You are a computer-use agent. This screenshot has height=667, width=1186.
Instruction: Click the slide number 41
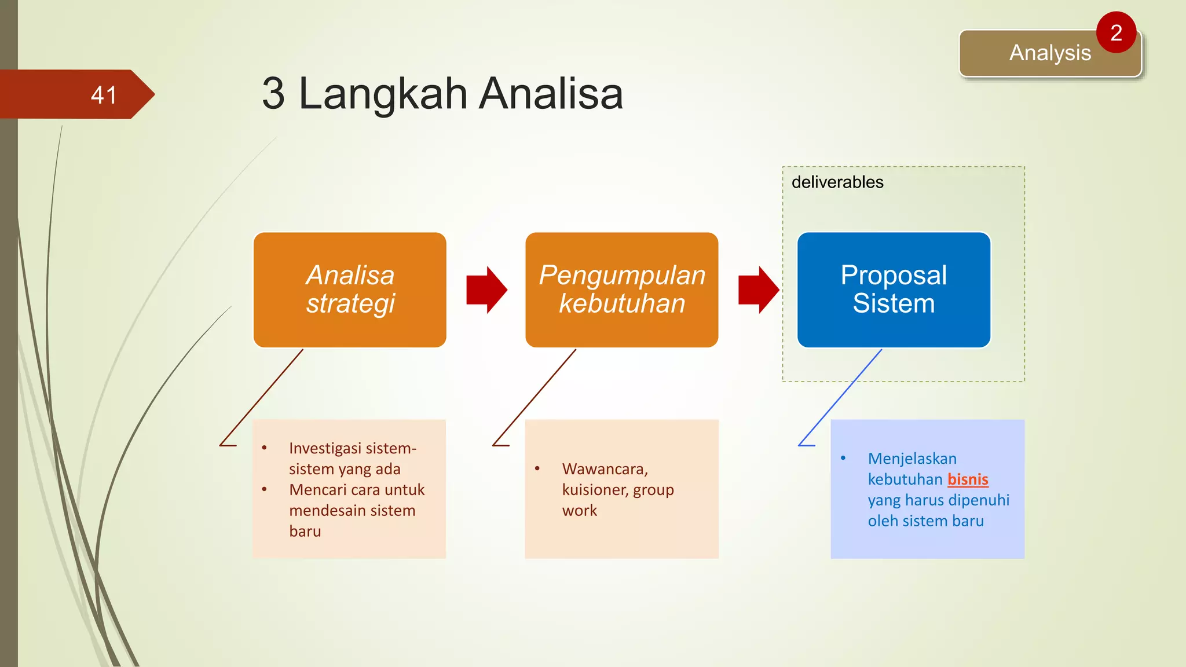[104, 95]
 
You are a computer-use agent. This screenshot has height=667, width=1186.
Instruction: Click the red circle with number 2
[1116, 33]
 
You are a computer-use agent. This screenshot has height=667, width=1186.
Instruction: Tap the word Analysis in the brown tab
[1049, 53]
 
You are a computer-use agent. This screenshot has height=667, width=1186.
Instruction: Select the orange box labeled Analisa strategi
[350, 289]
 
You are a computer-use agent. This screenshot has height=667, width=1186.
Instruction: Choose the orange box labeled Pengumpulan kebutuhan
[621, 289]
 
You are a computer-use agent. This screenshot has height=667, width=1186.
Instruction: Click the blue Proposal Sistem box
[894, 289]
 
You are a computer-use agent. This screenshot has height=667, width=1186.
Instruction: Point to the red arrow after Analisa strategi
[486, 289]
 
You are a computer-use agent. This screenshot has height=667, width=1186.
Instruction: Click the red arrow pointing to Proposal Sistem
[758, 289]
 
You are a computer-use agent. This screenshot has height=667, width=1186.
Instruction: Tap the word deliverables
[837, 182]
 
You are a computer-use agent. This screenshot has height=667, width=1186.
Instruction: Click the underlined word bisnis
[968, 479]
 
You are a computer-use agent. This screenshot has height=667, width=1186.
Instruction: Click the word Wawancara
[604, 468]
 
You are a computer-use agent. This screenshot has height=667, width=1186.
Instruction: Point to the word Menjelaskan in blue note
[912, 459]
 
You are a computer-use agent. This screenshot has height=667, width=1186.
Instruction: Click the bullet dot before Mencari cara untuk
[264, 490]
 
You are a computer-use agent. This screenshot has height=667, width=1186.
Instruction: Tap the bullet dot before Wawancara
[537, 468]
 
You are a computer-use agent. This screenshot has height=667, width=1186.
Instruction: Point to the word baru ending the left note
[305, 532]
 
